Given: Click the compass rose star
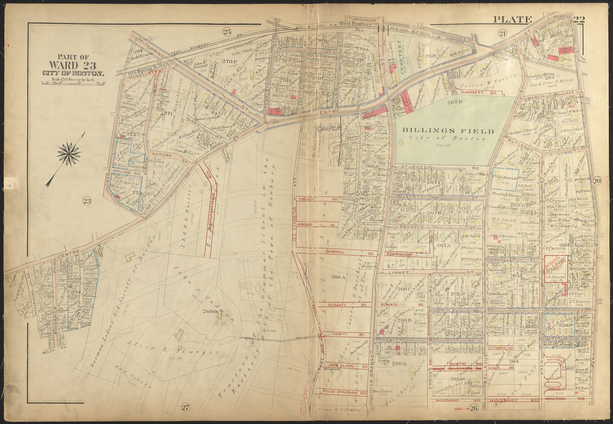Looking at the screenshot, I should pyautogui.click(x=69, y=154).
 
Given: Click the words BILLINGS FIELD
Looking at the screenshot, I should pyautogui.click(x=448, y=131).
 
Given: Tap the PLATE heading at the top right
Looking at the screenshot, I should pyautogui.click(x=512, y=20).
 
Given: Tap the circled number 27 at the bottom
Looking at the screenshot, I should pyautogui.click(x=185, y=407).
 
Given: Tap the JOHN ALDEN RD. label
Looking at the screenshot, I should pyautogui.click(x=340, y=366).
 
